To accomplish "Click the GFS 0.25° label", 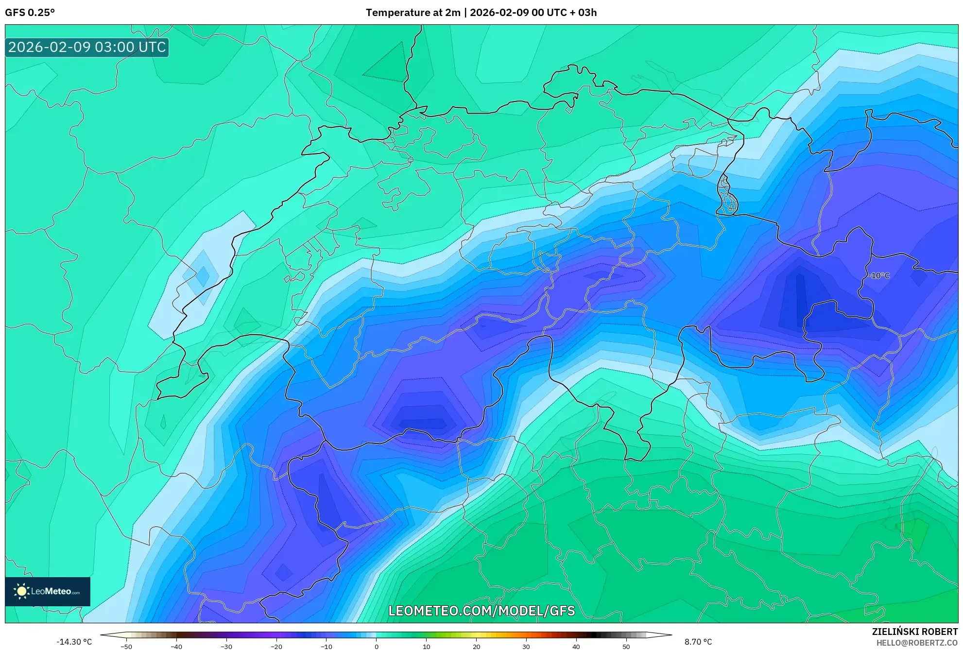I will pos(30,13).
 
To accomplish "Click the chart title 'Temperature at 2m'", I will pos(413,13).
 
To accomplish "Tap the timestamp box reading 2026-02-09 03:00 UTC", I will pos(87,48).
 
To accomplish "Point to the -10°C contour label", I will pos(880,275).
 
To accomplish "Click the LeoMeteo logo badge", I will pos(48,591).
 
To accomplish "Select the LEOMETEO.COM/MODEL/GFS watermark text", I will pos(481,611).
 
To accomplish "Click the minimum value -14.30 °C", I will pos(74,642).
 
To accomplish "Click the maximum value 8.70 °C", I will pos(698,642).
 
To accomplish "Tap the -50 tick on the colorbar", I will pos(126,647).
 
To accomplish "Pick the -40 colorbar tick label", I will pos(176,647).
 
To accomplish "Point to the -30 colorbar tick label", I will pos(226,647).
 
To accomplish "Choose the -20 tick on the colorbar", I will pos(276,647).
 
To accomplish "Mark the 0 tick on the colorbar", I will pos(377,647).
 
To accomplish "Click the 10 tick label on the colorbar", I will pos(427,647).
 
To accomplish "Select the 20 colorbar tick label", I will pos(477,647).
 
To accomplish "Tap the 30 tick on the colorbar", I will pos(526,647).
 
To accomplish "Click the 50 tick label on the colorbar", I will pos(626,647).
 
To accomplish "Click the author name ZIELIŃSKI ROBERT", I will pos(915,632).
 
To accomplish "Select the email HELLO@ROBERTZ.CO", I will pos(917,643).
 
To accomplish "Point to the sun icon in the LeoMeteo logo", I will pos(21,591).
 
